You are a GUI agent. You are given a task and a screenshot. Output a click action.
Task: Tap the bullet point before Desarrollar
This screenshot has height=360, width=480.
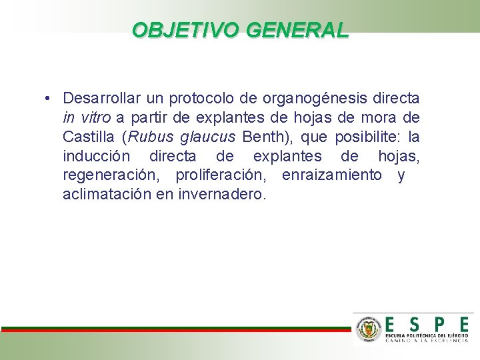50,99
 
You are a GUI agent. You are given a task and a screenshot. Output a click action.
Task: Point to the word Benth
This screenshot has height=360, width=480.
265,137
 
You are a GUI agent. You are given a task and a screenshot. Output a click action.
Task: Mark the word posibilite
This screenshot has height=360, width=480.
369,137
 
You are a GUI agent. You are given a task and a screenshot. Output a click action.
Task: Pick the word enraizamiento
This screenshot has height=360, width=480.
332,175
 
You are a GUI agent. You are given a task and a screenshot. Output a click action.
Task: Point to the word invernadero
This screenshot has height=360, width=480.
223,195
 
